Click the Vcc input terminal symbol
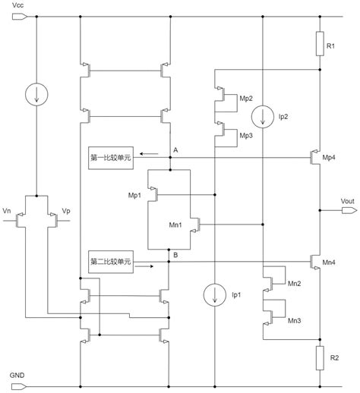pos(19,17)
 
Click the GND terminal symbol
pos(19,386)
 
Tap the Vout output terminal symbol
pos(349,210)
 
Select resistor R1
pos(320,43)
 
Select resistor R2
pos(320,358)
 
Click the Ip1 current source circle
pos(215,295)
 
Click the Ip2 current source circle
pos(263,117)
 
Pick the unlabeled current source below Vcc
pos(36,94)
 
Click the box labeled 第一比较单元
pos(111,158)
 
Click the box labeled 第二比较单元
pos(111,262)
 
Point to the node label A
pos(175,150)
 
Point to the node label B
pos(175,255)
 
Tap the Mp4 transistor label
pos(329,158)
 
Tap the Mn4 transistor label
pos(329,263)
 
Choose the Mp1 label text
pos(134,195)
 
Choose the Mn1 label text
pos(175,225)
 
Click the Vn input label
pos(7,211)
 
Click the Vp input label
pos(66,211)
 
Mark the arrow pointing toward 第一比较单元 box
pos(149,153)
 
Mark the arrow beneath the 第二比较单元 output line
pos(144,266)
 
